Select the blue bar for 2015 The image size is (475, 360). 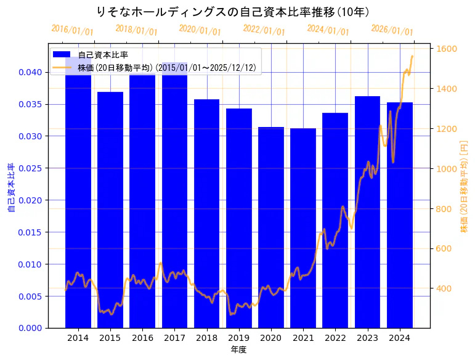coord(110,210)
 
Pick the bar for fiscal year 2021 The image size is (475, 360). coord(303,227)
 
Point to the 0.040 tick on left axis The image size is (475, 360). coord(30,72)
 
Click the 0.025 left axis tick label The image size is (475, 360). coord(30,168)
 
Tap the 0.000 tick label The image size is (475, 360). coord(30,328)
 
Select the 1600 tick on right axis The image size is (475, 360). coord(447,49)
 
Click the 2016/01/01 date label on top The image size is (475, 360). coord(72,30)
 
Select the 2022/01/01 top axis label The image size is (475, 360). coord(264,30)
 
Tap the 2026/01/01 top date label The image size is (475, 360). coord(392,30)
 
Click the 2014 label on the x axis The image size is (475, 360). coord(78,338)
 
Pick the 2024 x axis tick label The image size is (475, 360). coord(400,338)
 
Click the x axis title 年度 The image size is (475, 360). coord(238,350)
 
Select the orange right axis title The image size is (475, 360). coord(464,186)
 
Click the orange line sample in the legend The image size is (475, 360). coord(62,68)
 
